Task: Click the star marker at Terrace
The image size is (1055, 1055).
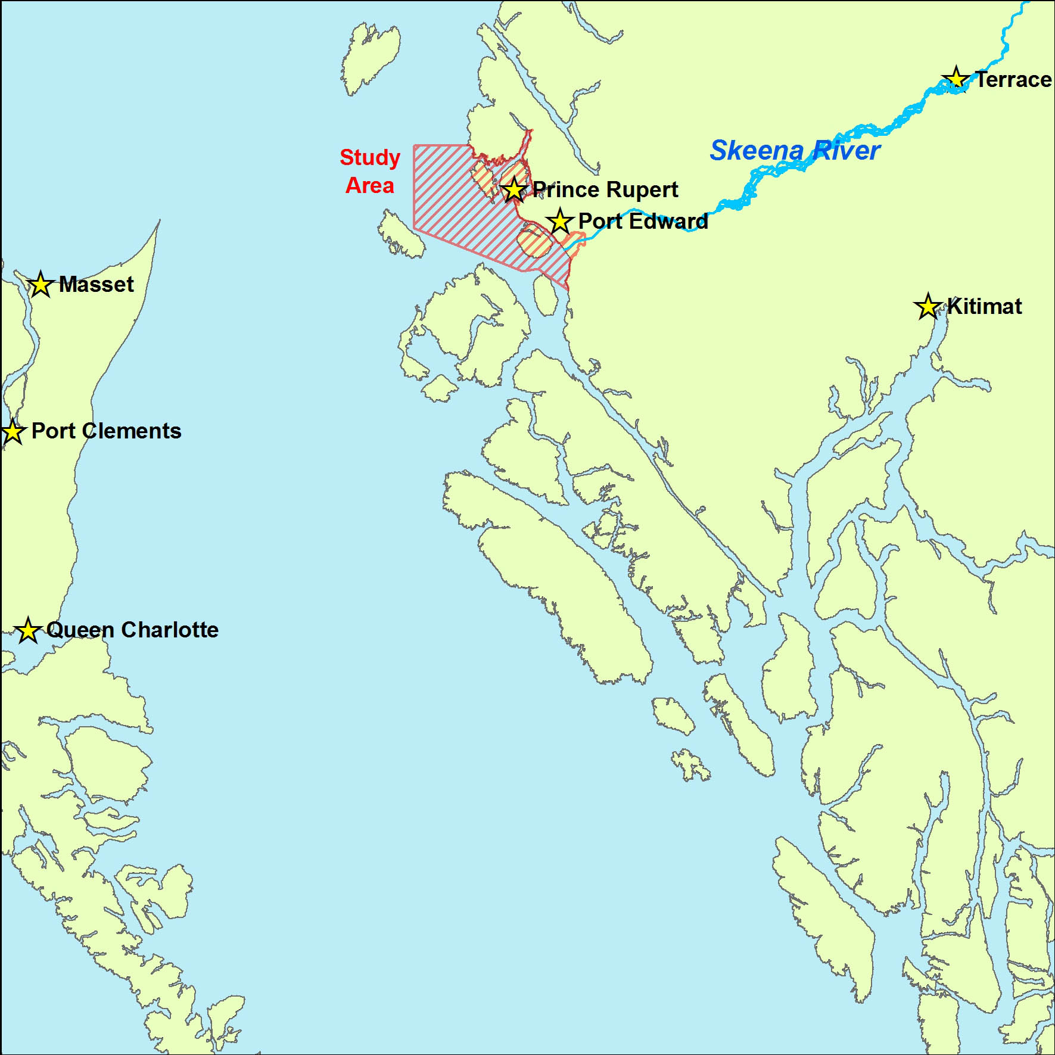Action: pyautogui.click(x=956, y=79)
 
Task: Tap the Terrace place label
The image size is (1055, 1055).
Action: pyautogui.click(x=1013, y=80)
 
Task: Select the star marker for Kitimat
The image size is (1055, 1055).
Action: pyautogui.click(x=928, y=307)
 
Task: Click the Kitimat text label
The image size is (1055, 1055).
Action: pyautogui.click(x=984, y=307)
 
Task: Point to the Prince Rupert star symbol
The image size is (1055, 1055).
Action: pyautogui.click(x=514, y=190)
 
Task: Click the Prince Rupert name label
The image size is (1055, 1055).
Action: pyautogui.click(x=605, y=190)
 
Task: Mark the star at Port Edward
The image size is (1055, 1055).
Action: pyautogui.click(x=559, y=222)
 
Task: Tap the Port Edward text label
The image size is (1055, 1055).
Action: pyautogui.click(x=643, y=222)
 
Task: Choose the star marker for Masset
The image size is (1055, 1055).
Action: pyautogui.click(x=40, y=284)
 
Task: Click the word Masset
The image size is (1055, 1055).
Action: pyautogui.click(x=96, y=285)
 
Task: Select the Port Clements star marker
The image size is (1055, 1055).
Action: pyautogui.click(x=13, y=431)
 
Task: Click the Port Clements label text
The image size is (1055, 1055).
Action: pyautogui.click(x=106, y=431)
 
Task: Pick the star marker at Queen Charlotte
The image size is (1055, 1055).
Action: pyautogui.click(x=27, y=630)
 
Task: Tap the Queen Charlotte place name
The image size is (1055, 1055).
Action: pyautogui.click(x=132, y=630)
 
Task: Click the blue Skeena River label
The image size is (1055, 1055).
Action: pyautogui.click(x=794, y=150)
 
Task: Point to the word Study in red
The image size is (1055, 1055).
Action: pyautogui.click(x=370, y=158)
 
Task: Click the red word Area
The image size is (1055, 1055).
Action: pyautogui.click(x=370, y=186)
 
